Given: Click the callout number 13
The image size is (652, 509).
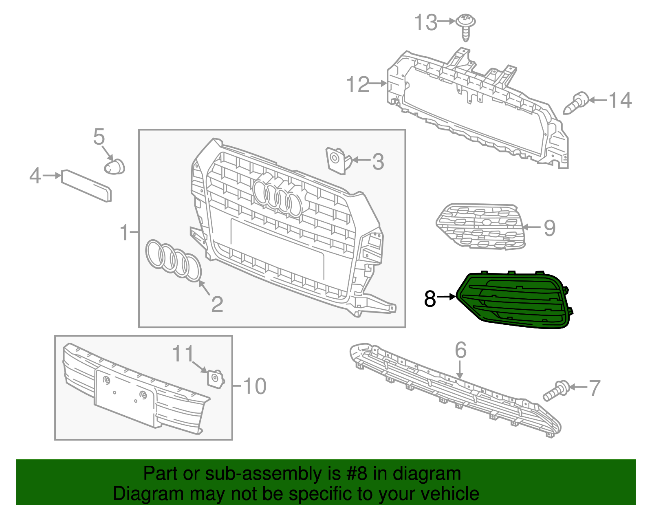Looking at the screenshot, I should pos(426,22).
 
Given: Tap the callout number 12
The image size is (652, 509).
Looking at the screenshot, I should pos(357,85).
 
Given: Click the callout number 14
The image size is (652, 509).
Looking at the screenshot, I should pos(620,100).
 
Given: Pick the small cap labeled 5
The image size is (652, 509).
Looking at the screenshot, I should pos(115,166).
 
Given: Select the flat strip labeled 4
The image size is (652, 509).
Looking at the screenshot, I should pos(86,186).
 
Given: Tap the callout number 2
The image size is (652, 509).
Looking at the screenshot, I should pos(217,304).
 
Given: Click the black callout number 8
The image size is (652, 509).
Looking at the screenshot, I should pos(430,299).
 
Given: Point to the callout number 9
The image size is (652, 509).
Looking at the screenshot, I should pos(550,228).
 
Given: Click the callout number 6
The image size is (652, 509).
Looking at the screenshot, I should pos(460,350).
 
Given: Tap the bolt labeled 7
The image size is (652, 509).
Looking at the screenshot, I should pos(556,390).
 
